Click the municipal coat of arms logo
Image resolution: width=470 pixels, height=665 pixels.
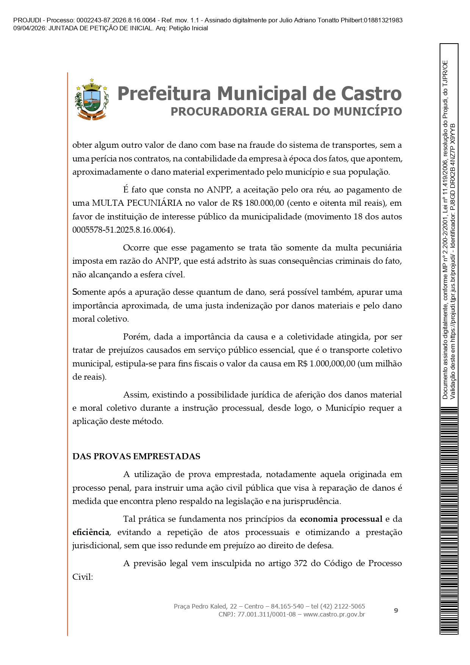[91, 99]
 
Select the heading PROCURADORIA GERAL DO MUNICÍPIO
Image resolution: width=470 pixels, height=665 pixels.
[286, 111]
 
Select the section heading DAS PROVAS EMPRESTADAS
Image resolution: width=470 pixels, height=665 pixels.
[136, 456]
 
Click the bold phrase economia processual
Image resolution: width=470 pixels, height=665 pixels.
[341, 519]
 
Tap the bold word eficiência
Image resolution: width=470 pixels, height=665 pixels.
[91, 532]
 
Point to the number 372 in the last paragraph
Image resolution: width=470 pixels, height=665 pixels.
[300, 563]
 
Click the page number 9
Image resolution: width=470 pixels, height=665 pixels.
[396, 610]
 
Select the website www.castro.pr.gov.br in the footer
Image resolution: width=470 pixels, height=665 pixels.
[334, 614]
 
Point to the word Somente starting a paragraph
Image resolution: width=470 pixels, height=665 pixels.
[89, 292]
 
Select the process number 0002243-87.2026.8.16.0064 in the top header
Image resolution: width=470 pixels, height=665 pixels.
[116, 20]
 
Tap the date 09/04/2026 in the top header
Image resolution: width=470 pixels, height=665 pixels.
[29, 28]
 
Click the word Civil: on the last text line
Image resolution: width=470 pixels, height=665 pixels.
[83, 577]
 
